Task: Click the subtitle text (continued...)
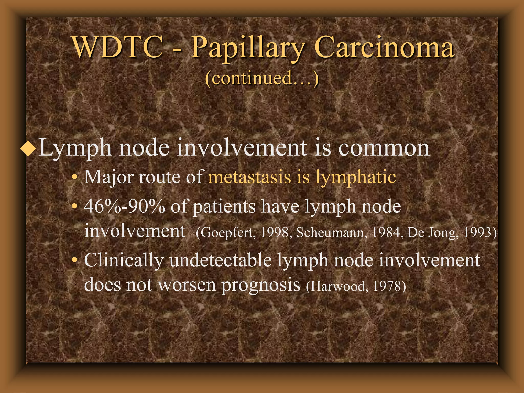262,78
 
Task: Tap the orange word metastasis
249,177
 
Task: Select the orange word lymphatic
356,177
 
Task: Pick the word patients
224,207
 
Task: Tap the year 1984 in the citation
386,232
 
